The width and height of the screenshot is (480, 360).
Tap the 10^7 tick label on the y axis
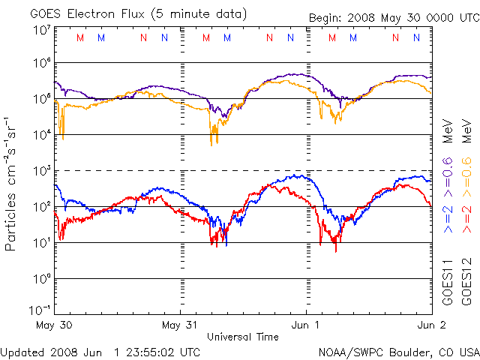point(41,30)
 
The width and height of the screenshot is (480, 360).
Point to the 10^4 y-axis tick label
point(41,133)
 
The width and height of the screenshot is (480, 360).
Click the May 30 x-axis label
point(54,326)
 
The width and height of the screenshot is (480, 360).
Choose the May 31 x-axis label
point(181,326)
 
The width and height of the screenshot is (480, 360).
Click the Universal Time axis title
point(242,337)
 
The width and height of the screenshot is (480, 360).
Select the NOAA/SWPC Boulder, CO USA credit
point(398,351)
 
